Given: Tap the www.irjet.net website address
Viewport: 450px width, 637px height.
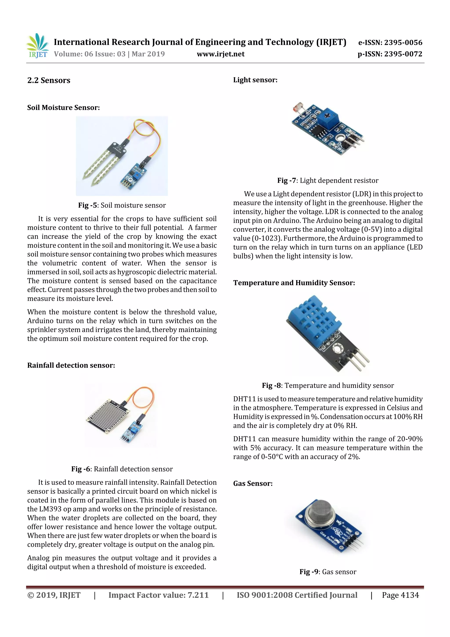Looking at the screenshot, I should click(x=220, y=54).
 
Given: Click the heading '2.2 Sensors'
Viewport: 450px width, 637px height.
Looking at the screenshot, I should click(x=49, y=80).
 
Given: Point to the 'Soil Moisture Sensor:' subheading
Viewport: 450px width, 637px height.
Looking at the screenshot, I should click(x=64, y=108).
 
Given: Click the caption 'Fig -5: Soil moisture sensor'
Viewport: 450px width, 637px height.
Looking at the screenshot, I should click(x=122, y=205).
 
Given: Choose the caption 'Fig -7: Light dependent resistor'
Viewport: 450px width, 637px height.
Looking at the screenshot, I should click(x=328, y=181).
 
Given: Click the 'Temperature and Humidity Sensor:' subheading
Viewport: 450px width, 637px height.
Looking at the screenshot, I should click(x=294, y=283).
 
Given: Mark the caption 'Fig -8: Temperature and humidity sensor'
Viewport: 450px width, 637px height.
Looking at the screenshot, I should click(x=328, y=386).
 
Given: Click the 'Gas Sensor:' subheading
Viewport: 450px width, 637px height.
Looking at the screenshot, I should click(x=253, y=484).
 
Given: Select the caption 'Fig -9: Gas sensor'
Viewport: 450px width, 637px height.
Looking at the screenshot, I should click(x=328, y=572).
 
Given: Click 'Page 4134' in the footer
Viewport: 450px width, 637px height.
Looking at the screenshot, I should click(x=400, y=595).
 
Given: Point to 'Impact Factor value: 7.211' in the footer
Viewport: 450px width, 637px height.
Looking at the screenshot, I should click(x=158, y=595).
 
